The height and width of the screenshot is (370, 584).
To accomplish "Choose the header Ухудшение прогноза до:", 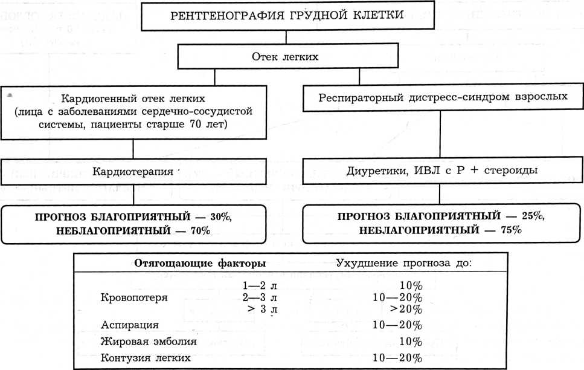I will [x=403, y=264].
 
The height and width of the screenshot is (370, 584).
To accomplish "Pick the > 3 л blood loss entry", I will [x=261, y=310].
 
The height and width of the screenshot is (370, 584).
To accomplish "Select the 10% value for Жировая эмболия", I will [x=411, y=342].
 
